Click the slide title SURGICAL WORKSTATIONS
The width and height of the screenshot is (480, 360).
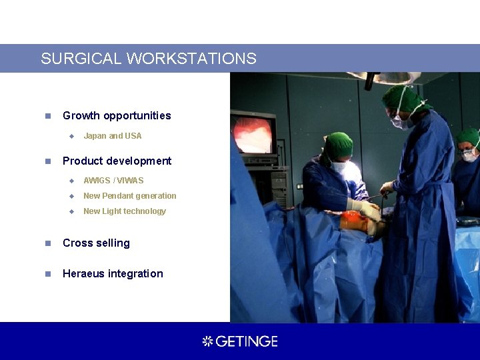[148, 59]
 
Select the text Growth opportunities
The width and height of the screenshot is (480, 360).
[117, 115]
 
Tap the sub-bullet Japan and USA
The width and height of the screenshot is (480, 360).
[112, 136]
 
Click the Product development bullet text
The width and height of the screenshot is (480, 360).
[117, 161]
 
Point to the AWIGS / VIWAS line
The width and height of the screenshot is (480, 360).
[113, 181]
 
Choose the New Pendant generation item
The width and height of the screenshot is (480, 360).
[129, 196]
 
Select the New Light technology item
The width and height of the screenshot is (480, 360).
[124, 211]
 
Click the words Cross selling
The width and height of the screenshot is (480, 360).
[96, 243]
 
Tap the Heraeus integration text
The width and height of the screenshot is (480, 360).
[112, 273]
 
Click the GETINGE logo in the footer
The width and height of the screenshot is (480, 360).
[240, 341]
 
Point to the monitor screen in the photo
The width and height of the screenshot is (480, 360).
[253, 132]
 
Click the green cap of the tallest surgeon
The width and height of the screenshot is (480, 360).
[403, 98]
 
